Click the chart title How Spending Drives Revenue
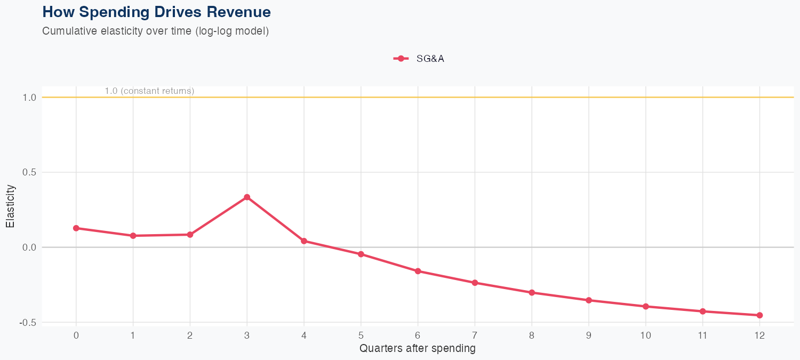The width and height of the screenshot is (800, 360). pos(156,12)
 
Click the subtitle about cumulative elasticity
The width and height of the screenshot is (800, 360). pos(155,31)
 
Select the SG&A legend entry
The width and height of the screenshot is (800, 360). pos(419,59)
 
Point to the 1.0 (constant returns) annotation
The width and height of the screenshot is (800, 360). pos(149,91)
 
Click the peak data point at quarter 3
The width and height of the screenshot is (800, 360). pos(247,197)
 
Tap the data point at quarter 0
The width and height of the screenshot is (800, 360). pos(76,228)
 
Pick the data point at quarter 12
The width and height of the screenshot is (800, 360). pos(759,315)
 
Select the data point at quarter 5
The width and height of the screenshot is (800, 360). pos(361,254)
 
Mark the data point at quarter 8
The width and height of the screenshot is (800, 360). pos(532,293)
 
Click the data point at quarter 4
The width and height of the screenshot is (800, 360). pos(304,241)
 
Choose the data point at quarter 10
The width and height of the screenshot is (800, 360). pos(646,307)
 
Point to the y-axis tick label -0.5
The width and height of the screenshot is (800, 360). pos(27,323)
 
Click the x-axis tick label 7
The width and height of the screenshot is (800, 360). pos(475,335)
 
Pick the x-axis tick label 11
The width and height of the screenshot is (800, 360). pos(702,335)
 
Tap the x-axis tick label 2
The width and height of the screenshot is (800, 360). pos(190,335)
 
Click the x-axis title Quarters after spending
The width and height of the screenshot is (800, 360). pos(418,349)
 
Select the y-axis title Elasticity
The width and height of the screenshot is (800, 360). pos(10,206)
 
